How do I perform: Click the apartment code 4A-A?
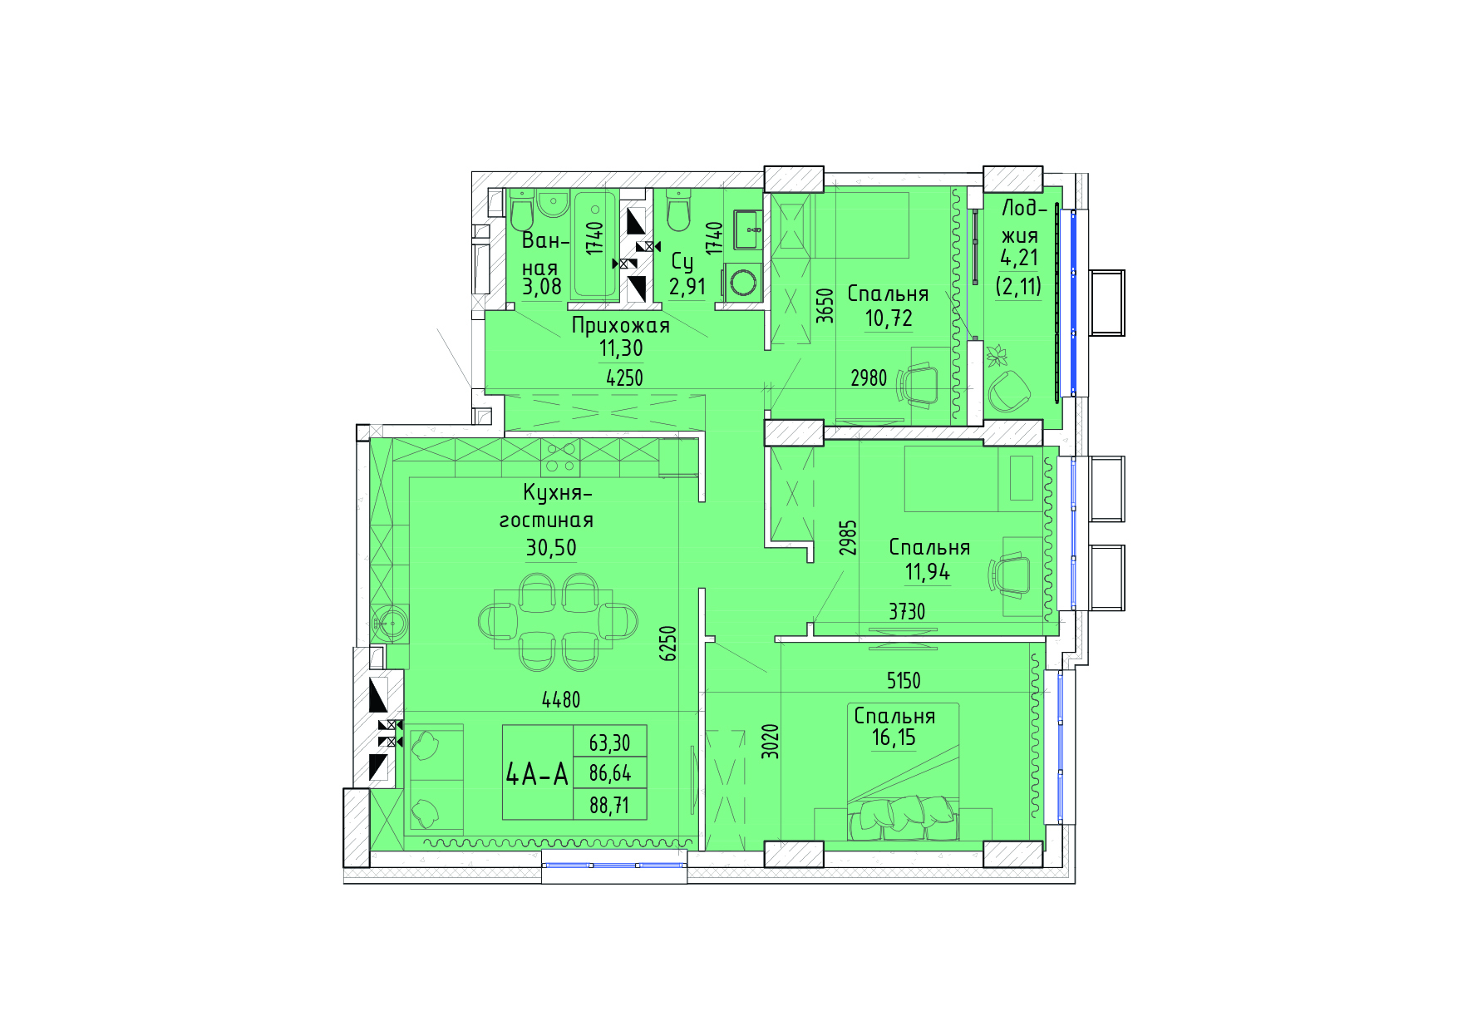point(537,774)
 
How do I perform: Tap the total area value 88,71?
point(609,805)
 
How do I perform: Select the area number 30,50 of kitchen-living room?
point(550,547)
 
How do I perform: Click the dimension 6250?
point(668,643)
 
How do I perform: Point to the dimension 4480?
point(561,700)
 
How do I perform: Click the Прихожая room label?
point(620,325)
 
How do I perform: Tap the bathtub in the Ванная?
point(594,245)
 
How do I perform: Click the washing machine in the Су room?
point(742,283)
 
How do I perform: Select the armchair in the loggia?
point(1009,391)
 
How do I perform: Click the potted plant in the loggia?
point(996,356)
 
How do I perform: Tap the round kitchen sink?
point(390,622)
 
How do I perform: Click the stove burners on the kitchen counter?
point(560,457)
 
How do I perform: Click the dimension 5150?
point(904,681)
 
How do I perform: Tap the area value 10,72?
point(889,318)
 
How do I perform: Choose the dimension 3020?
point(771,741)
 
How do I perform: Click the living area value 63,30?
point(609,742)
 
